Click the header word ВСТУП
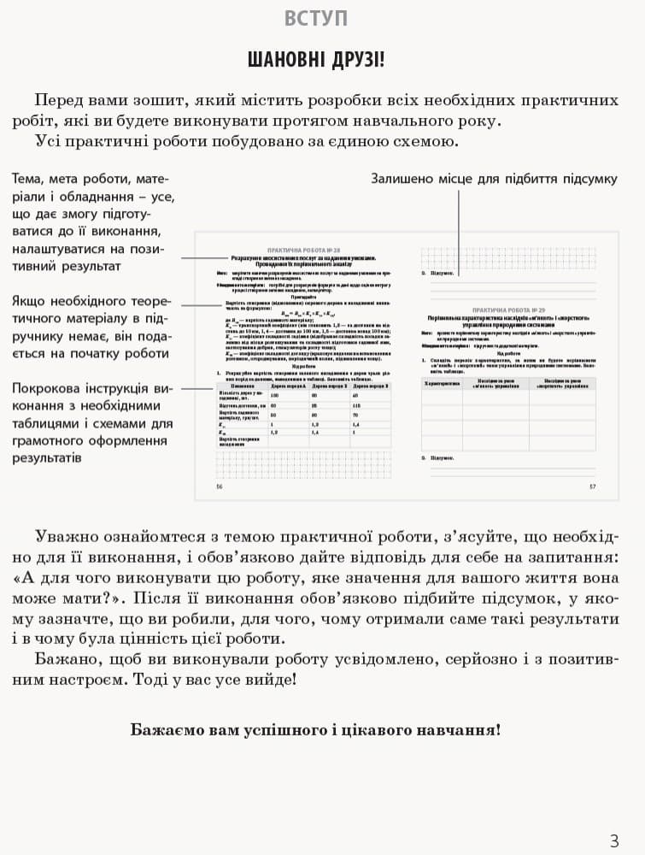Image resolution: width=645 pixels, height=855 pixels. coord(315,18)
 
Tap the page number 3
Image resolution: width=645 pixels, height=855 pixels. coord(614,840)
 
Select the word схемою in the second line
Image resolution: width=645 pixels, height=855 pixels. coord(422,141)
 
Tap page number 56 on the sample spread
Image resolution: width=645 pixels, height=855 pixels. coord(220,486)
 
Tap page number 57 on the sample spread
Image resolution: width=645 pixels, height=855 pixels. coord(592,486)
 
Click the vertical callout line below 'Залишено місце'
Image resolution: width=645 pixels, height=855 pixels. coord(460,231)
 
